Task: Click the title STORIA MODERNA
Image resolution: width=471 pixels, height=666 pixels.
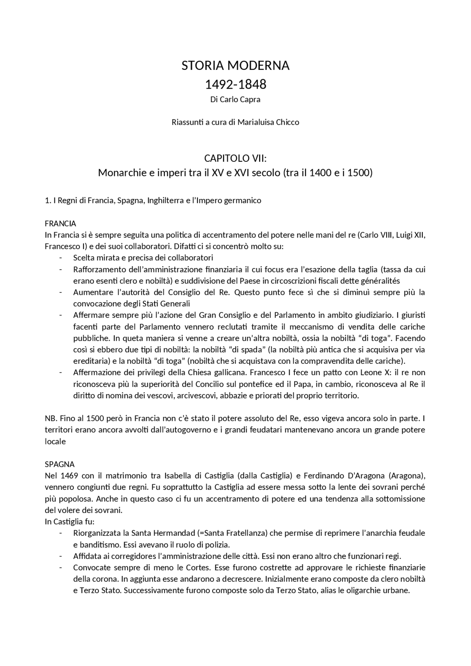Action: (235, 66)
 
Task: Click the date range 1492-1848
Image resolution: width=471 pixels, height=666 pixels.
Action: (235, 85)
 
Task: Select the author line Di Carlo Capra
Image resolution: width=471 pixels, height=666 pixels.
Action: (235, 100)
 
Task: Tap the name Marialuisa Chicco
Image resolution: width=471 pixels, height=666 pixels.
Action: (268, 122)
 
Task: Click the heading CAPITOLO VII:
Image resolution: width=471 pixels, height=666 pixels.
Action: (235, 159)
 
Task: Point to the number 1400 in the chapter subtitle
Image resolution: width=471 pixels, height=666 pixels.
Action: (321, 172)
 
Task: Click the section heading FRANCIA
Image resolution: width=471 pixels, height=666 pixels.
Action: (60, 224)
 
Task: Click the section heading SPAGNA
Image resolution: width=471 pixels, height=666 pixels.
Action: (60, 464)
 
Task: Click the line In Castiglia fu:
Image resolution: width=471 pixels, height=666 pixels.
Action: (70, 521)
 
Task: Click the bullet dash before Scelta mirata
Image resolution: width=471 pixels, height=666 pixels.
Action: (60, 258)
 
